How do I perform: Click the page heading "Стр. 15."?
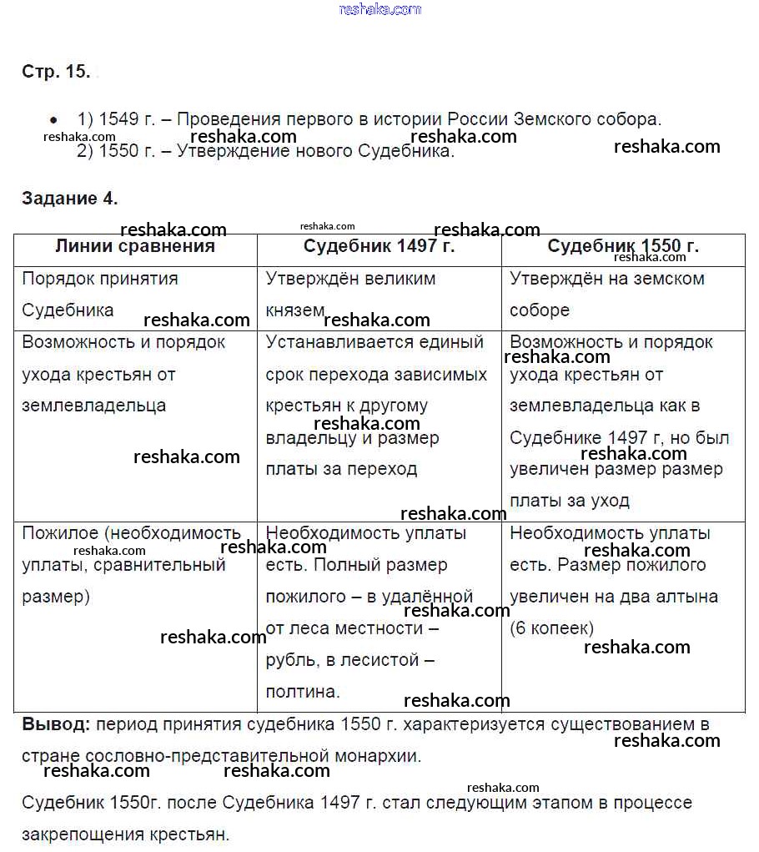[x=56, y=72]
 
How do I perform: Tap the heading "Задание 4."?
[x=70, y=199]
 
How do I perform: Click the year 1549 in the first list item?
[x=118, y=119]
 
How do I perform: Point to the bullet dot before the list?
[x=54, y=119]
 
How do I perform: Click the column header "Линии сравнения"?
[x=135, y=247]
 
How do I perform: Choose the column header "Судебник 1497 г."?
[x=379, y=247]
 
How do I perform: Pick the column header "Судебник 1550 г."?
[x=623, y=247]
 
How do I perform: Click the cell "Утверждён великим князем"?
[x=350, y=294]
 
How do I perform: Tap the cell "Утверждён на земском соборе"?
[x=606, y=294]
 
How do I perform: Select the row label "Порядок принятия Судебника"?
[x=100, y=294]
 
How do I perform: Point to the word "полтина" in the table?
[x=301, y=692]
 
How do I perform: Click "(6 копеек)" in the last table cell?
[x=551, y=628]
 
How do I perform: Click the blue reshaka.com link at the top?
[x=380, y=9]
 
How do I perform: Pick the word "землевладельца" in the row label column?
[x=93, y=406]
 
